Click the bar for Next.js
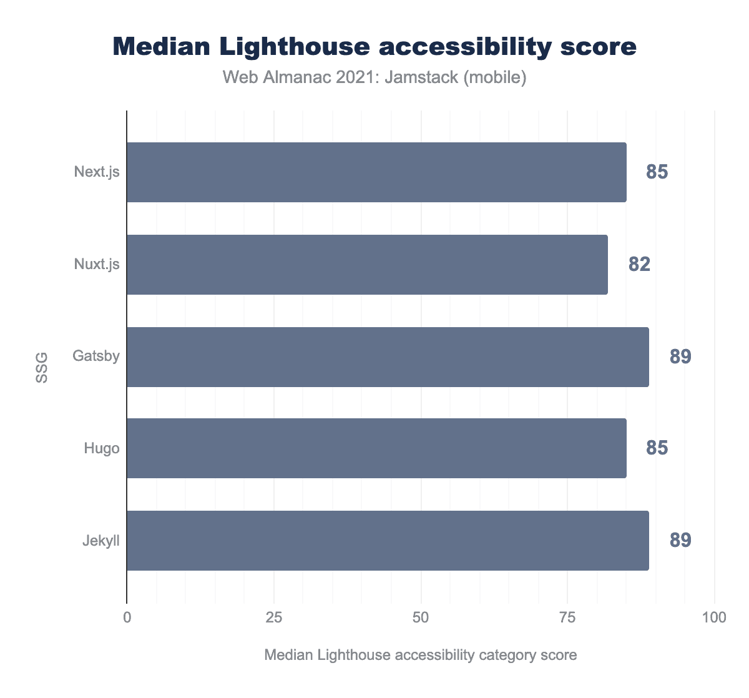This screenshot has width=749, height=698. tap(376, 172)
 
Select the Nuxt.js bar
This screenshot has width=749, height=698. tap(367, 265)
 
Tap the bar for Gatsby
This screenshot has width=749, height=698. tap(388, 357)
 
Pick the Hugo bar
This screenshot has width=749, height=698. tap(376, 448)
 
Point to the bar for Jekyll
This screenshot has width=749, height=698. tap(388, 541)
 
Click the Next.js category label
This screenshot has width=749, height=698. tap(97, 172)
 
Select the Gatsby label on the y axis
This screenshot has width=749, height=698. tap(96, 356)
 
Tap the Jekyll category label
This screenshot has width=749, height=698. tap(101, 540)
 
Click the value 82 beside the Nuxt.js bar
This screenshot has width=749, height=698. tap(639, 265)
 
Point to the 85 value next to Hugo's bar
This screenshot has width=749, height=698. tap(657, 448)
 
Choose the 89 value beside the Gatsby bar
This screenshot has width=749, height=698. tap(680, 357)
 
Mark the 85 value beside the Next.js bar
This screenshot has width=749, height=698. tap(657, 172)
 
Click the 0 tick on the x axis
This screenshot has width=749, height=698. tap(127, 618)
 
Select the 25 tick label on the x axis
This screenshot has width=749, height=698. tap(274, 618)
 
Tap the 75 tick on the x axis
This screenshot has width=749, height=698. tap(567, 618)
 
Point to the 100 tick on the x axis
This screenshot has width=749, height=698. tap(713, 618)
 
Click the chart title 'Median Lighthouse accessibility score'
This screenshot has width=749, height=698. tap(374, 47)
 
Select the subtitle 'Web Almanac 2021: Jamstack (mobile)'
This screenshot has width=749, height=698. tap(374, 77)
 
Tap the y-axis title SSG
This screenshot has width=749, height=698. tap(41, 368)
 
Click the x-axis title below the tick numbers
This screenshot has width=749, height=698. tap(420, 655)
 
